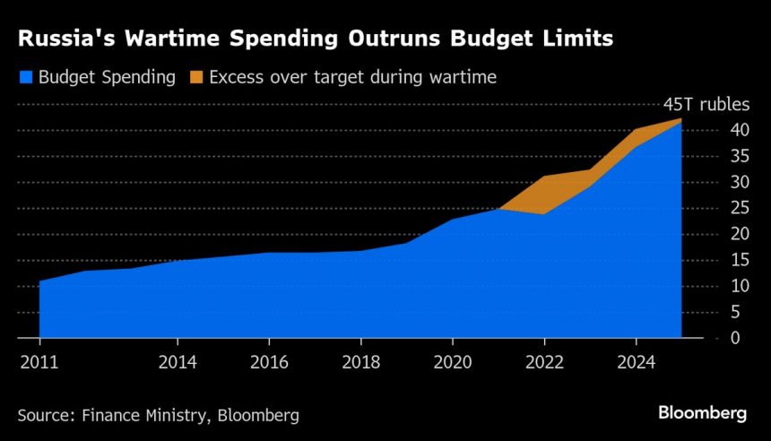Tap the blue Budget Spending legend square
pos(25,77)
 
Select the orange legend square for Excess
pos(197,77)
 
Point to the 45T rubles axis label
pos(707,104)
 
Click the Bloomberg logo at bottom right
pos(702,414)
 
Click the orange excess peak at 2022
pos(544,188)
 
